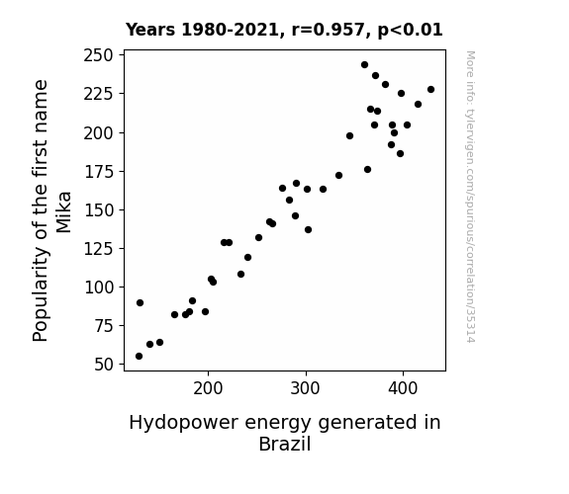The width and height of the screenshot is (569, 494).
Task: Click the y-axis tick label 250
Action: [x=98, y=55]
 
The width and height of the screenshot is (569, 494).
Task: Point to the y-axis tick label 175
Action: [x=98, y=172]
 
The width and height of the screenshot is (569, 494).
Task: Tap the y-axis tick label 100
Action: [x=98, y=288]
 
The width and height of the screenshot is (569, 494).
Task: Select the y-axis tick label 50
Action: [x=104, y=365]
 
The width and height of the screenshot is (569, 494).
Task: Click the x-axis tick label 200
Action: [x=208, y=389]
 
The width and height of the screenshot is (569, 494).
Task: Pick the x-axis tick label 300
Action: [x=306, y=389]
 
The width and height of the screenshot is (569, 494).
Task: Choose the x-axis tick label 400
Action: [x=403, y=389]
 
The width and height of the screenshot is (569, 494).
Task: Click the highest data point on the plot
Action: [x=365, y=65]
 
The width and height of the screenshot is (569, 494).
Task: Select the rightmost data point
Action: [x=430, y=90]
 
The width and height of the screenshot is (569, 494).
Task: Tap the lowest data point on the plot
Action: [x=139, y=357]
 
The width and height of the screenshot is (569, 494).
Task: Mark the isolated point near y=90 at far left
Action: [x=141, y=302]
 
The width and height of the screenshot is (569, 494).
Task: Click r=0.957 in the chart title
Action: [x=329, y=30]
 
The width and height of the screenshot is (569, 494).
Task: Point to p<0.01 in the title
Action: [x=410, y=31]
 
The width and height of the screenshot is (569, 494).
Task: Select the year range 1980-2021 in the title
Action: [x=230, y=30]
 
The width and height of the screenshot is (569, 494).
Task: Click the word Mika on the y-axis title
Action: [x=63, y=212]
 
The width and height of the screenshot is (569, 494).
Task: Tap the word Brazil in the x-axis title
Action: [x=285, y=444]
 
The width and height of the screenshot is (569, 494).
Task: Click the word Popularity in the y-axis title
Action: [x=41, y=294]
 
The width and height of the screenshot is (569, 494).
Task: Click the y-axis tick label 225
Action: [x=98, y=95]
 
